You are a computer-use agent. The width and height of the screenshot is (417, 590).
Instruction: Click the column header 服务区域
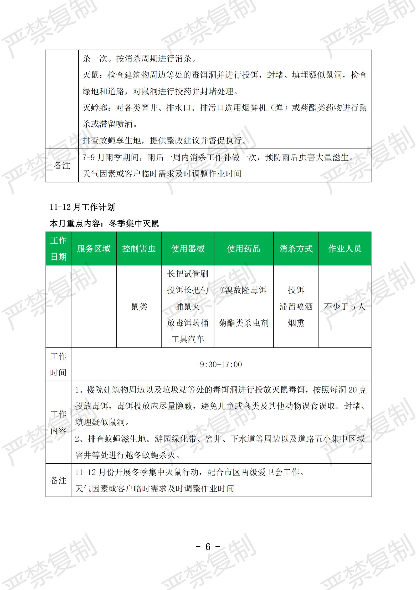point(94,248)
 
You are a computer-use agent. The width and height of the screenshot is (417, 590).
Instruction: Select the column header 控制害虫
point(139,248)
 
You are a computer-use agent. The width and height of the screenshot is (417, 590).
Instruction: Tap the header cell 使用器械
point(188,248)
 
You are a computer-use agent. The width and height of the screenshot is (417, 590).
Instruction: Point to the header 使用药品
point(244,248)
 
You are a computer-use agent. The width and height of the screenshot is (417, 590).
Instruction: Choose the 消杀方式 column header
point(296,248)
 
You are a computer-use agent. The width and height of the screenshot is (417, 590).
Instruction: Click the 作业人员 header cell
point(344,248)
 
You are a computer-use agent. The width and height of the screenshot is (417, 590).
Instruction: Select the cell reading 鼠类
point(139,306)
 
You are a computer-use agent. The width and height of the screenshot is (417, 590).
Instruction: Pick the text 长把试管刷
point(188,274)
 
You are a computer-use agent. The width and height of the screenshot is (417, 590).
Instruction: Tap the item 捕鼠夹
point(188,306)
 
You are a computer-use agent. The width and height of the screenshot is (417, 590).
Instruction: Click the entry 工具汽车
point(188,339)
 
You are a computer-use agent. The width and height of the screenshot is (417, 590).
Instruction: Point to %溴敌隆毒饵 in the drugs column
point(244,290)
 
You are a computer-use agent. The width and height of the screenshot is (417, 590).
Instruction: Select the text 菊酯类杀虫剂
point(244,323)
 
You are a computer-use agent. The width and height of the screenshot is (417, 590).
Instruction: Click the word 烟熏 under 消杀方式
point(296,323)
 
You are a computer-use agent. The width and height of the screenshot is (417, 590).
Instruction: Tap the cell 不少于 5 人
point(344,306)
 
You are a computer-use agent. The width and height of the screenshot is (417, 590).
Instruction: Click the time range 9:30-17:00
point(221,364)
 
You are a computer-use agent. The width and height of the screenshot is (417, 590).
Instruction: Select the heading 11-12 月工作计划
point(82,207)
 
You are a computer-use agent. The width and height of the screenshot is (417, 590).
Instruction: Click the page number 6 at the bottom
point(208,547)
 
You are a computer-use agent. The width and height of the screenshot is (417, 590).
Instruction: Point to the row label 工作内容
point(58,422)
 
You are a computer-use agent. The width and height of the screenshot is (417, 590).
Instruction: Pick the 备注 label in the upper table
point(62,165)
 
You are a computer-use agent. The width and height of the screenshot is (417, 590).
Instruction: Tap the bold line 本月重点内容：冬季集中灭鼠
point(104,223)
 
